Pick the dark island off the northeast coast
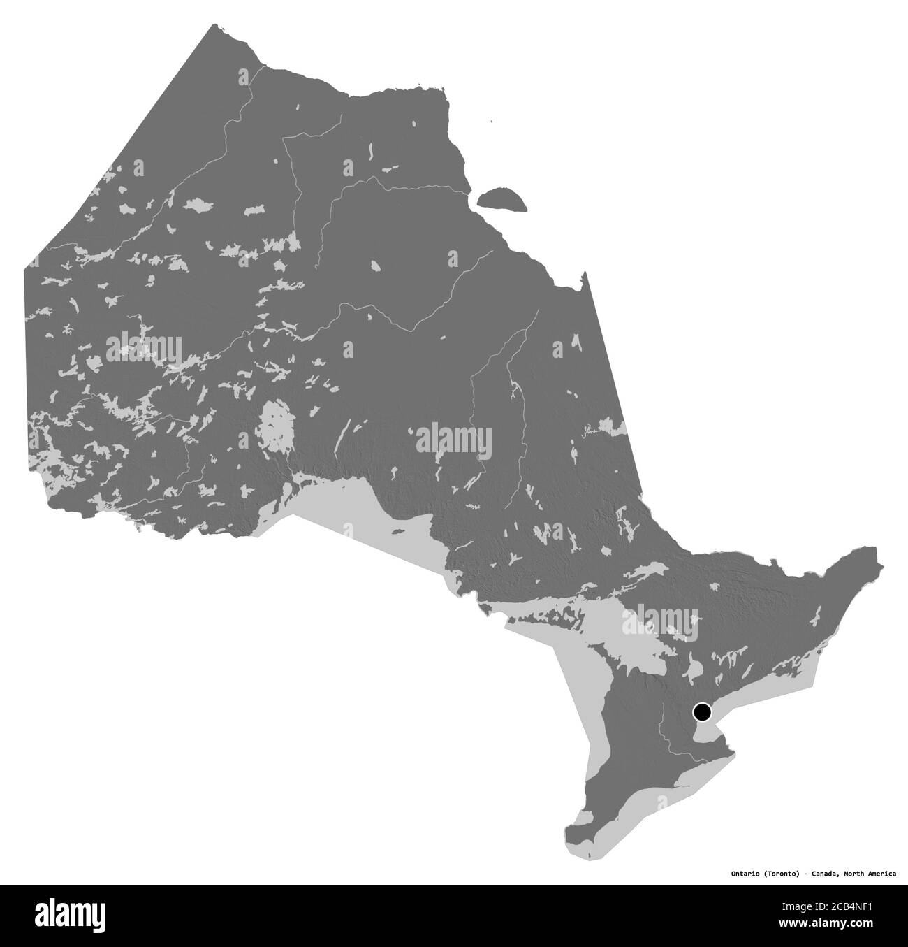coord(500,198)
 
